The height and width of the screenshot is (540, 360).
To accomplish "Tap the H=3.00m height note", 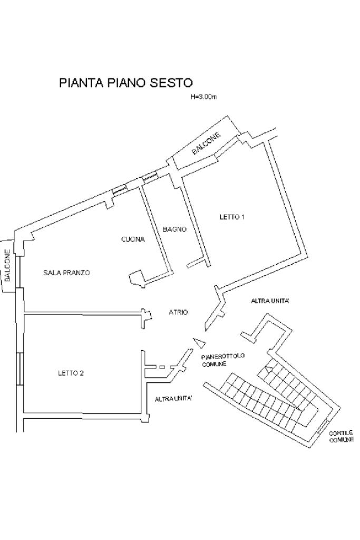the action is pos(204,97).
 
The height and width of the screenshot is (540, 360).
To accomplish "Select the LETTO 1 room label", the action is pos(232,217).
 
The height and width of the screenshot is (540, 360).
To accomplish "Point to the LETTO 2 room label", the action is pos(71,373).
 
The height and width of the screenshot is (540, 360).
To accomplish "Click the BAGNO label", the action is pos(175,229).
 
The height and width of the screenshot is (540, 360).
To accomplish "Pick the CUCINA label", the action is pos(133,239).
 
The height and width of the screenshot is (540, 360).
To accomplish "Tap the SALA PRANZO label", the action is pos(67,273).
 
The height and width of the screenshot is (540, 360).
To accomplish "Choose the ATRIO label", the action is pos(178,312).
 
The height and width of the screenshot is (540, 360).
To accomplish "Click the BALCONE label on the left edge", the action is pos(7,266).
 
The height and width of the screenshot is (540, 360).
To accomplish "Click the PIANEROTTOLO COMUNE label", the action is pos(222,359).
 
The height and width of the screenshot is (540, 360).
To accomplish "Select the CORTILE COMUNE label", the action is pos(342,436).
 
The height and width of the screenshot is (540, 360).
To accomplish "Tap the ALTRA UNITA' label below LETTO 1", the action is pos(270,301).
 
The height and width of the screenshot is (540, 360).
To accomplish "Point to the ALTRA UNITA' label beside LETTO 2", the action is pos(173,399).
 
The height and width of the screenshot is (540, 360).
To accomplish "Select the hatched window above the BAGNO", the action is pos(150,177).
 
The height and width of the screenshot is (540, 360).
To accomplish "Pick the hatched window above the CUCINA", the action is pos(120,189).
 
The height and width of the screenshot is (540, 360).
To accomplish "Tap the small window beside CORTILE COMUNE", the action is pos(323,427).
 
